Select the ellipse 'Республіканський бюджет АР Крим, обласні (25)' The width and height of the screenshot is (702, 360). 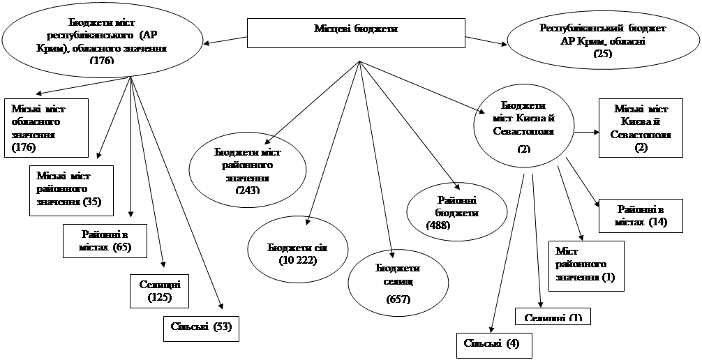[603, 40]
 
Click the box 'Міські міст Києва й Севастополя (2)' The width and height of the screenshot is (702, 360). [641, 128]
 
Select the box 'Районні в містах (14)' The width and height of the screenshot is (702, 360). [641, 216]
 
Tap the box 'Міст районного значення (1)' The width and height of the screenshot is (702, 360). [587, 264]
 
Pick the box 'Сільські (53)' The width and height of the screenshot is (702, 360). [201, 329]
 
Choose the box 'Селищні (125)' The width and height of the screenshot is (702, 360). [160, 291]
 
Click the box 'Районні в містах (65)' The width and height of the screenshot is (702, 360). [105, 240]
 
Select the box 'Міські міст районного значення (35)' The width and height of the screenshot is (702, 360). [70, 189]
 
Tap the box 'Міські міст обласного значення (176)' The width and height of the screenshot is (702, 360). [47, 128]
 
